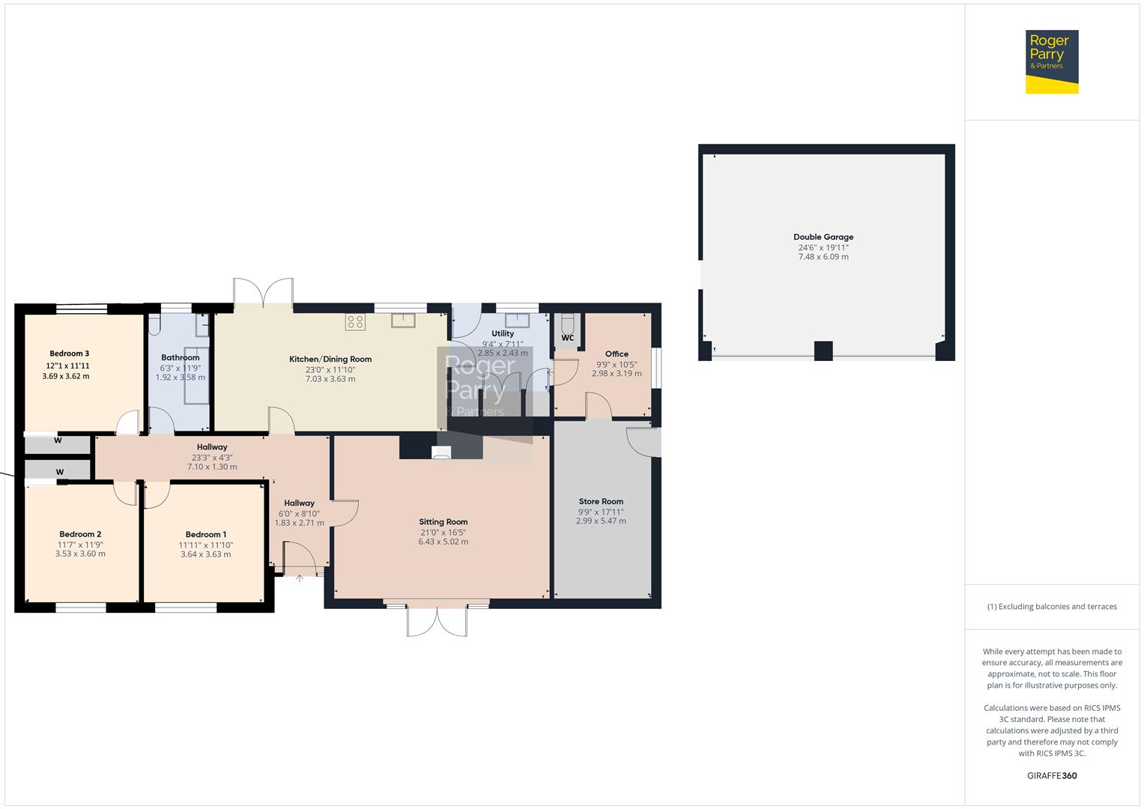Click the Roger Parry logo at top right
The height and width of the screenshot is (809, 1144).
coord(1052,61)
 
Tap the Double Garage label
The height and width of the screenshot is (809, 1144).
coord(823,237)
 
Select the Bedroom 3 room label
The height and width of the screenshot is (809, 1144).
coord(70,354)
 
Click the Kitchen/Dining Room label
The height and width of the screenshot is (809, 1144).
coord(330,360)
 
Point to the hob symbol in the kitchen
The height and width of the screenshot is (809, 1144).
coord(355,322)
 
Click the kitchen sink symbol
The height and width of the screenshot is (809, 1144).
coord(403,321)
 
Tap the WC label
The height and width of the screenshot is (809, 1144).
coord(567,338)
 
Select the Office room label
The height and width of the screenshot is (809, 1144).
coord(617,354)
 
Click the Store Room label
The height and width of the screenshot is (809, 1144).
coord(601,502)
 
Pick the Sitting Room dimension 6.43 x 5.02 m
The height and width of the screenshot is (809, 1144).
coord(444,542)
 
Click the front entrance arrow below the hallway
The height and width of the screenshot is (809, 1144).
coord(300,578)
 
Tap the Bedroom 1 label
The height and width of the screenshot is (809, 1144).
coord(206,535)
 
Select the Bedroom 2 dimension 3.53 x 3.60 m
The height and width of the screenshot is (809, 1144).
coord(80,554)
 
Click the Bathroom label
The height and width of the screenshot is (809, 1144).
coord(180,358)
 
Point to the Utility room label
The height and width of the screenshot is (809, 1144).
coord(503,334)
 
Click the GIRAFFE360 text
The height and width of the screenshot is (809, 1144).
coord(1052,776)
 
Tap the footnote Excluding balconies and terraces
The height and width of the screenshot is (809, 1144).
coord(1052,607)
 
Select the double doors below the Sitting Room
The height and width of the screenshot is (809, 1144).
coord(437,620)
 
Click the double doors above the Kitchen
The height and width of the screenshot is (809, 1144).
coord(263,292)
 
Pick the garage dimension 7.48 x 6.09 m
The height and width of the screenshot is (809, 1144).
coord(823,257)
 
